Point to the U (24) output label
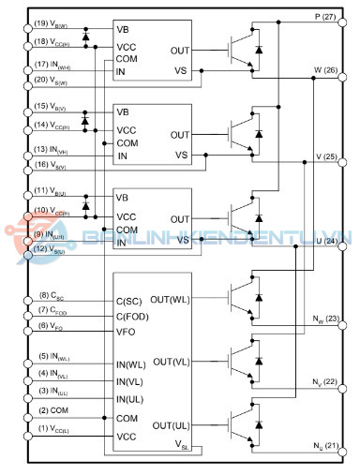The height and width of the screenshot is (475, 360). pos(326,242)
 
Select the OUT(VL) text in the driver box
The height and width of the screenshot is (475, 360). pos(172,362)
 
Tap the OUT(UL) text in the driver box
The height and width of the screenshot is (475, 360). pos(172,424)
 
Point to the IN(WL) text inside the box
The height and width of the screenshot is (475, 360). pos(132,364)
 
